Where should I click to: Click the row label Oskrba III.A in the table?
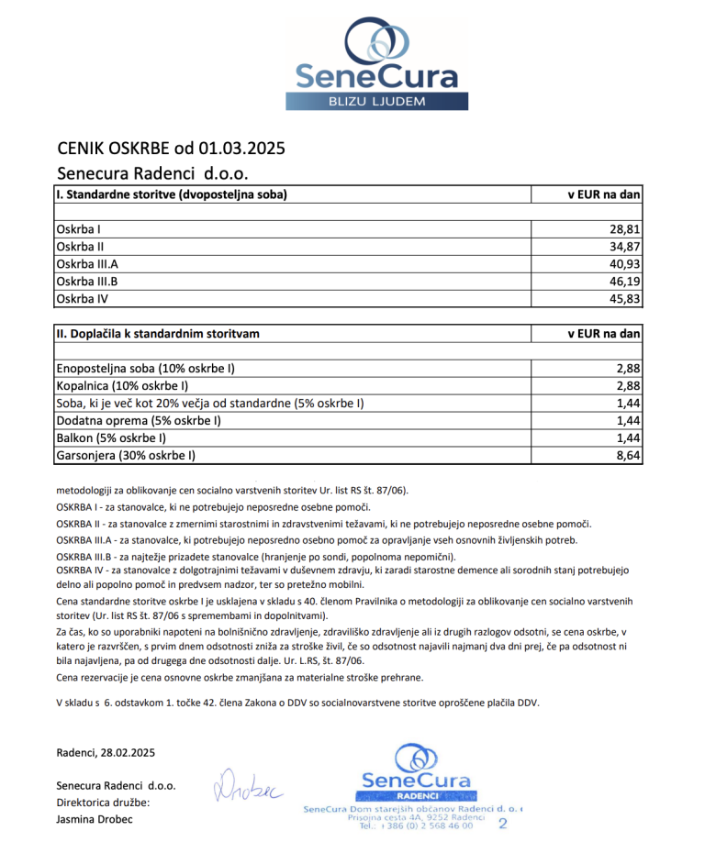pos(87,263)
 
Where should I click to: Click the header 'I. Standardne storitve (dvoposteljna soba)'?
pos(172,194)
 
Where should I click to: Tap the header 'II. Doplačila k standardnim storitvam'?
pos(158,334)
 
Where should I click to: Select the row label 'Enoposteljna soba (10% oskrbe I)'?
pos(146,368)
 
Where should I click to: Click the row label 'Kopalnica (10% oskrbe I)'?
pos(123,385)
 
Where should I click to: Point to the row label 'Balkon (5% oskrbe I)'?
pos(111,438)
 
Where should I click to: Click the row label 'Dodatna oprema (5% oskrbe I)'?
pos(139,420)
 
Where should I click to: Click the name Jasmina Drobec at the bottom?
pos(95,819)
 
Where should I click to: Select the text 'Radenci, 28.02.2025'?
pos(106,753)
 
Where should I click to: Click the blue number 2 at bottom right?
pos(502,824)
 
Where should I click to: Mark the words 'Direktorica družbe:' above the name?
pos(102,803)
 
